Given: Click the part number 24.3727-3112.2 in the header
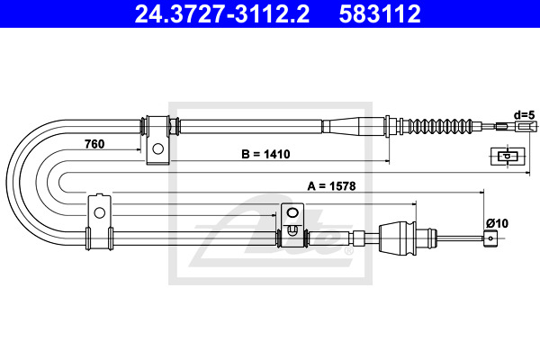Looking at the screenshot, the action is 222,14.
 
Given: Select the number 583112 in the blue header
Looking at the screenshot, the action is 380,14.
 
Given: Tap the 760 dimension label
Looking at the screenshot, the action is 94,144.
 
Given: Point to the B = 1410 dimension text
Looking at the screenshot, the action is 265,154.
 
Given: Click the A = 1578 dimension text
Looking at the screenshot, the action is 331,186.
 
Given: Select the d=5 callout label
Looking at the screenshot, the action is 524,115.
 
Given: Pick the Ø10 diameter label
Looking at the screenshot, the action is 497,223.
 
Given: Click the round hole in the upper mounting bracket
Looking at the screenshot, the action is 157,148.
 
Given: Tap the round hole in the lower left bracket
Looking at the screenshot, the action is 99,212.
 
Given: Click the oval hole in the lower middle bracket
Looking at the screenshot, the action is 292,213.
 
